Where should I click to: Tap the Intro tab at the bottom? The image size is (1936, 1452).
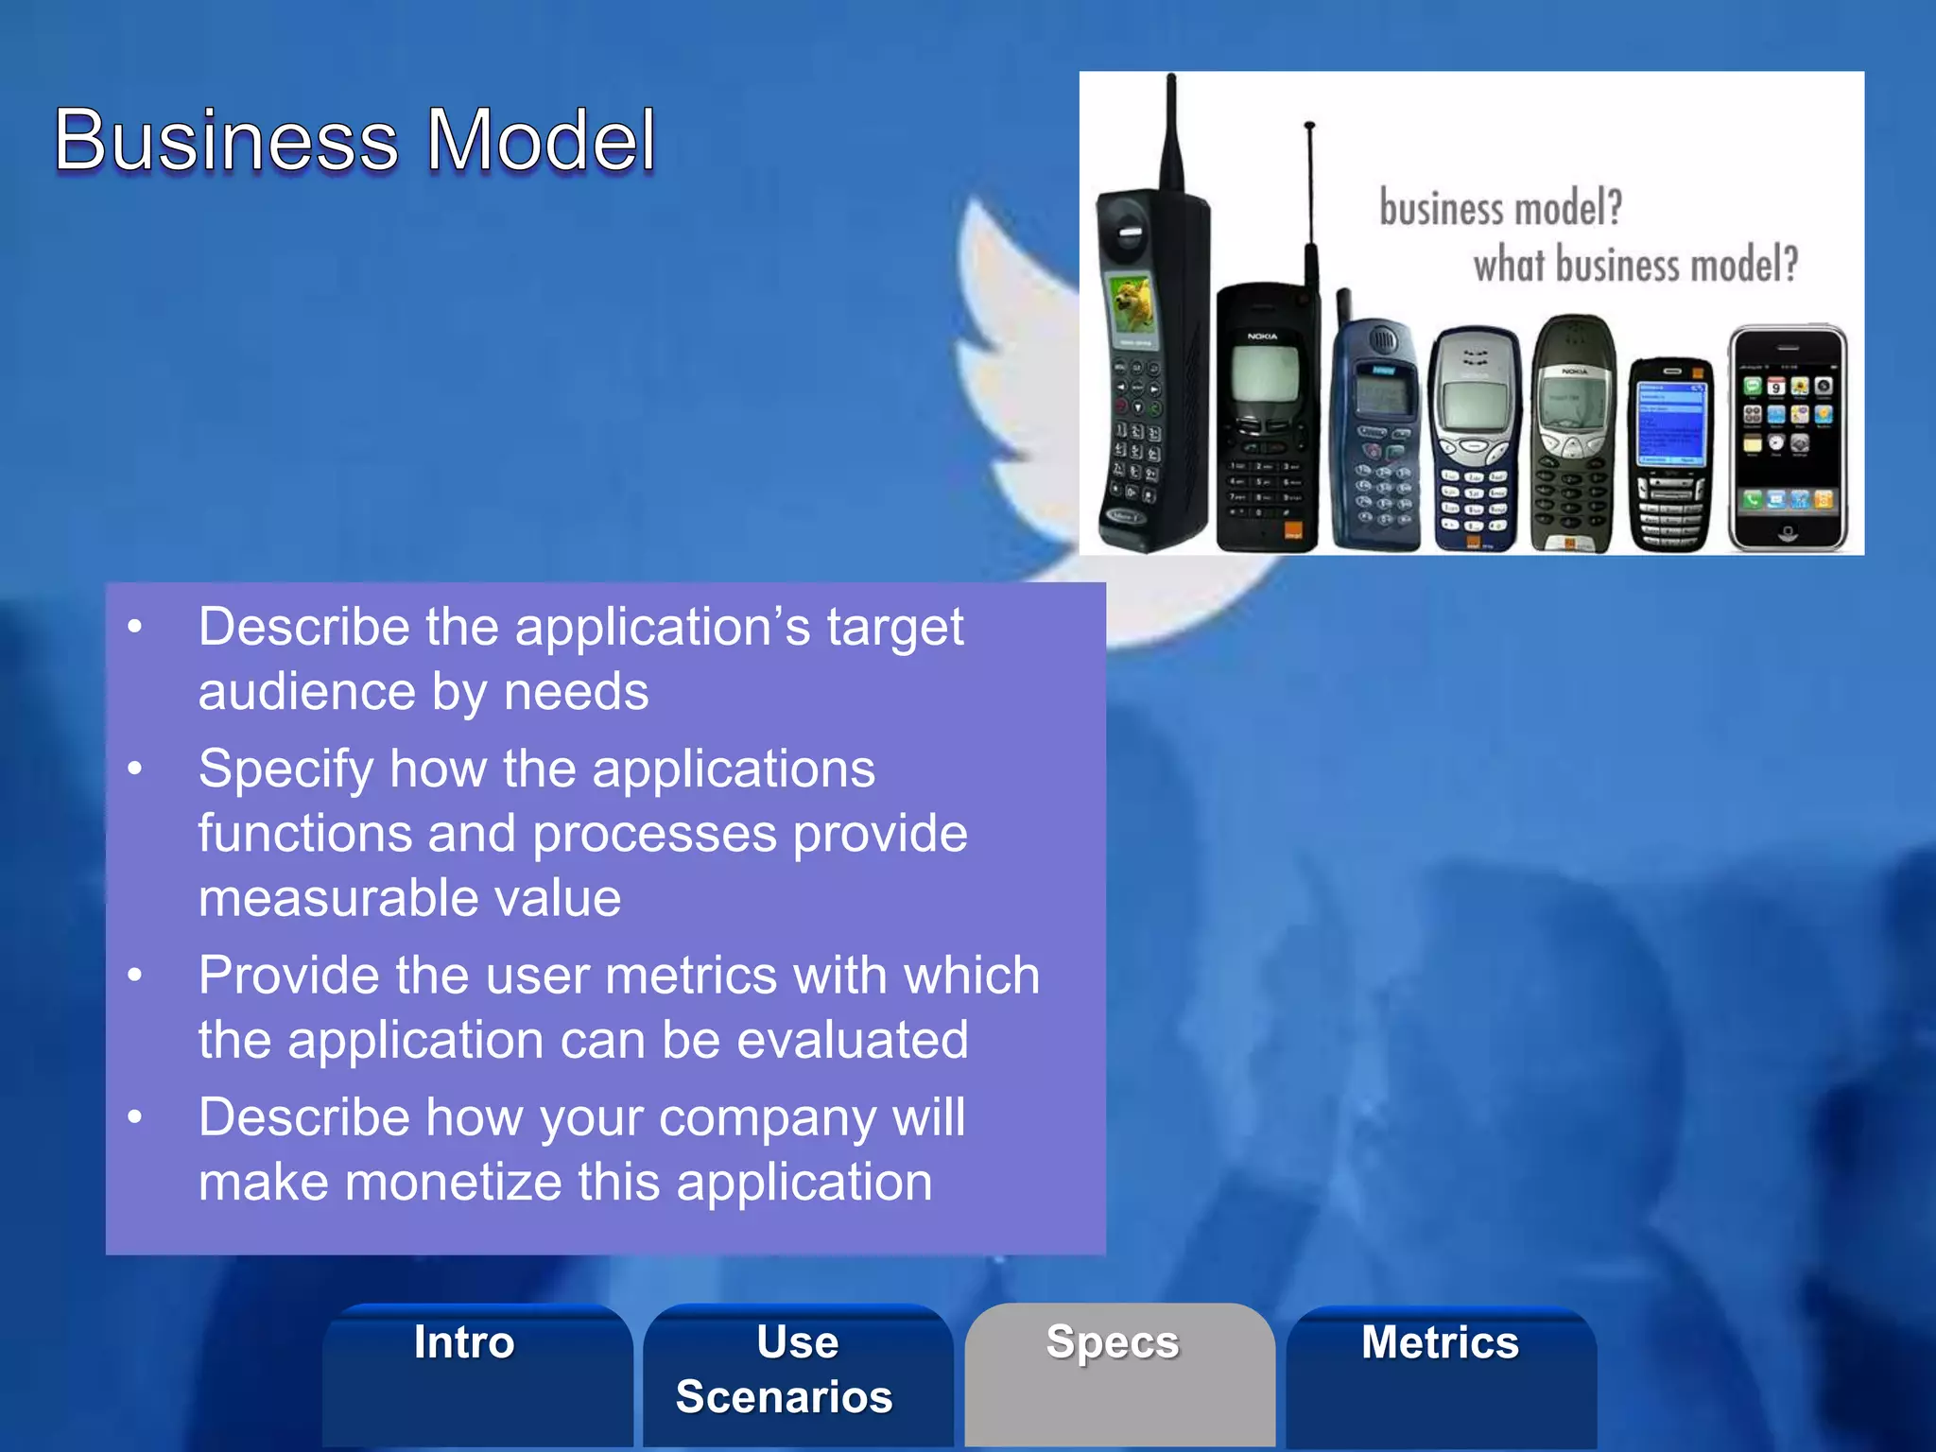click(x=464, y=1342)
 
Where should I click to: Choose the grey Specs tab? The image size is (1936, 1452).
click(x=1113, y=1342)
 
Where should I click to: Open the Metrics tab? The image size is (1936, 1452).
click(x=1440, y=1342)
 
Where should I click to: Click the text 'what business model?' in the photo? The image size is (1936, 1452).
click(x=1635, y=264)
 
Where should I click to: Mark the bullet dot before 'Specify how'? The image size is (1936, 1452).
click(x=135, y=768)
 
